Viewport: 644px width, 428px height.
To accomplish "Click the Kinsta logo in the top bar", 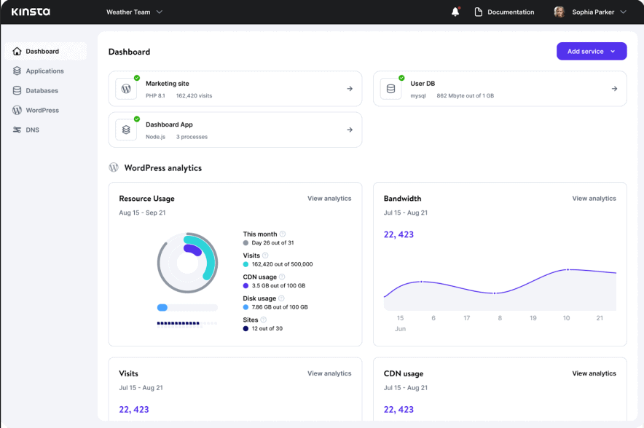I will (31, 12).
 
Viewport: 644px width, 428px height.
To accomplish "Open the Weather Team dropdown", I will (134, 12).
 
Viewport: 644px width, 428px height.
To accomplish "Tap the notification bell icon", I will (455, 12).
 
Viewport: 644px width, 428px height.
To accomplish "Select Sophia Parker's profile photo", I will (559, 12).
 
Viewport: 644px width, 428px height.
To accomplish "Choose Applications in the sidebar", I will (44, 71).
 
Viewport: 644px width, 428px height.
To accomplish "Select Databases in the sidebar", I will (42, 91).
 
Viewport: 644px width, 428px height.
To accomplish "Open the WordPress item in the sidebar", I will (42, 111).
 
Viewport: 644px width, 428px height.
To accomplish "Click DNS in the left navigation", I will (32, 130).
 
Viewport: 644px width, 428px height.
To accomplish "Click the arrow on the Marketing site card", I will (350, 89).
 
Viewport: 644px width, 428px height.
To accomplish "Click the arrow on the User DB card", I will (614, 89).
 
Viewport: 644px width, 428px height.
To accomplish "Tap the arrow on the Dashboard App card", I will (350, 130).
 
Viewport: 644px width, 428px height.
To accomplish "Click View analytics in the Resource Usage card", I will (329, 199).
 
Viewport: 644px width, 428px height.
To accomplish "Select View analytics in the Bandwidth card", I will (594, 199).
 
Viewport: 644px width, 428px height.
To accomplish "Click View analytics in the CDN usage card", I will (594, 373).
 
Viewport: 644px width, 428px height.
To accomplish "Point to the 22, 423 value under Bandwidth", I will (398, 234).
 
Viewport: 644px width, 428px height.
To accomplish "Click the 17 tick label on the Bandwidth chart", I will (466, 318).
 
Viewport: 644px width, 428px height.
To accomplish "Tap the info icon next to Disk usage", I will (281, 298).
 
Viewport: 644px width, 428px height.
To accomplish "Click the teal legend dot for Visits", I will (246, 264).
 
